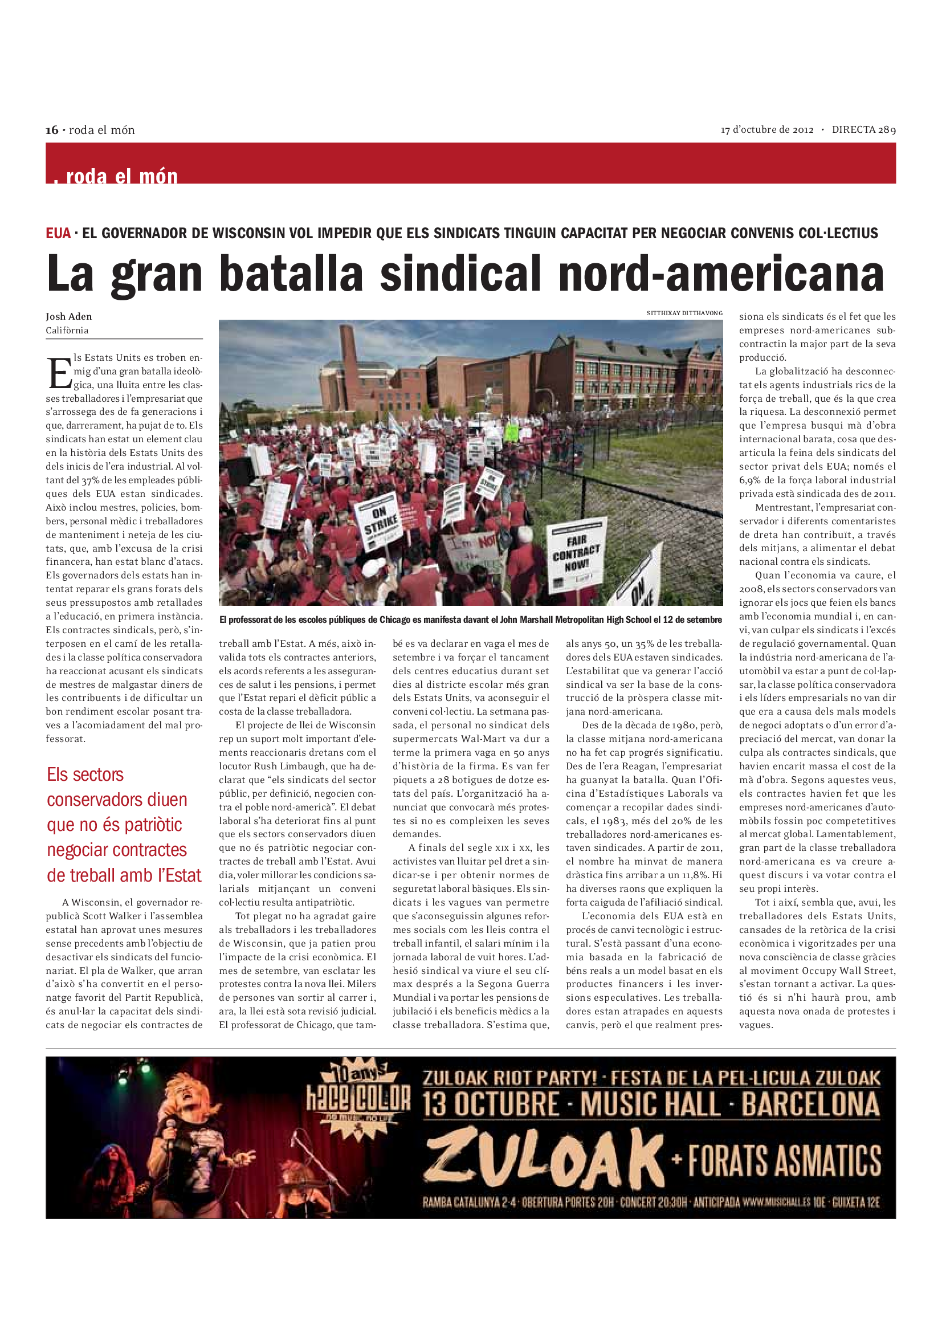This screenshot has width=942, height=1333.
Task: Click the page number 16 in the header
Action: (x=52, y=130)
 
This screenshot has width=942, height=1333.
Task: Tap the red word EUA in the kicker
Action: (x=58, y=234)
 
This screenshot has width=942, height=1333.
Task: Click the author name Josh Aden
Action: (x=68, y=316)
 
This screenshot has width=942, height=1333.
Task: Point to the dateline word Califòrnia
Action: (x=67, y=331)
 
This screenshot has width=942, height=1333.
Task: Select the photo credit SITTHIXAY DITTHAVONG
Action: (x=684, y=313)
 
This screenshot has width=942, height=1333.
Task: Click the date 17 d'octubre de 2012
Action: (x=766, y=129)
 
